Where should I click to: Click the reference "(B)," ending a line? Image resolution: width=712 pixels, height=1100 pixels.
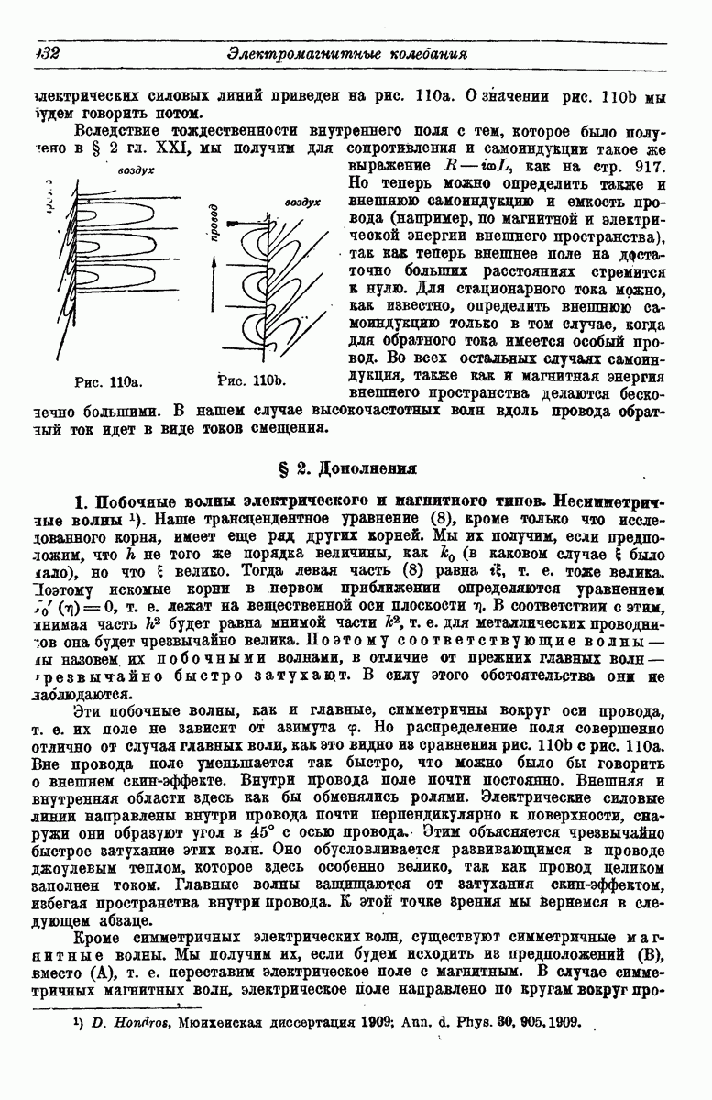click(648, 958)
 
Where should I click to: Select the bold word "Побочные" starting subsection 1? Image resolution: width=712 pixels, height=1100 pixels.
click(140, 502)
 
